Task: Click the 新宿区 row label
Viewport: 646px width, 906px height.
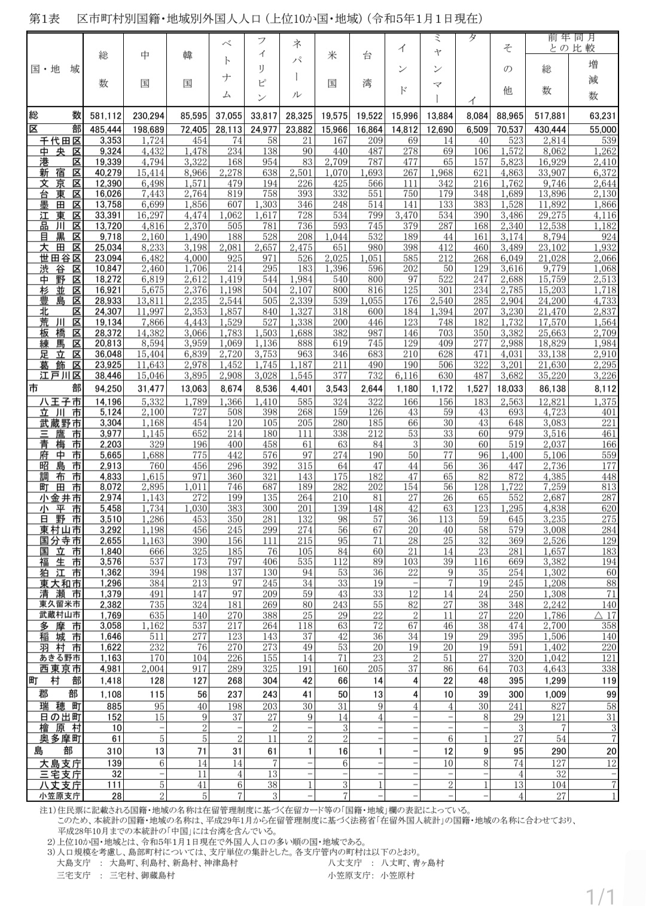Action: (x=56, y=173)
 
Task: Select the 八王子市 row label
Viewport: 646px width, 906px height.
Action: (x=56, y=402)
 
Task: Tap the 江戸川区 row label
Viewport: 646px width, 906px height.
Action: (x=56, y=375)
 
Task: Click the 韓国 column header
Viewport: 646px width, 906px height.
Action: (x=188, y=69)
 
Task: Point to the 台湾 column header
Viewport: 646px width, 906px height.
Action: (x=367, y=69)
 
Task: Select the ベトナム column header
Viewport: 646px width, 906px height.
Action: (x=227, y=69)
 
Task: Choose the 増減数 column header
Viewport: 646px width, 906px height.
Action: (x=593, y=80)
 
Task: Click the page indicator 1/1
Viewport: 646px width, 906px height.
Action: (x=601, y=896)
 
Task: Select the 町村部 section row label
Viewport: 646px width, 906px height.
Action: (x=56, y=681)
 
